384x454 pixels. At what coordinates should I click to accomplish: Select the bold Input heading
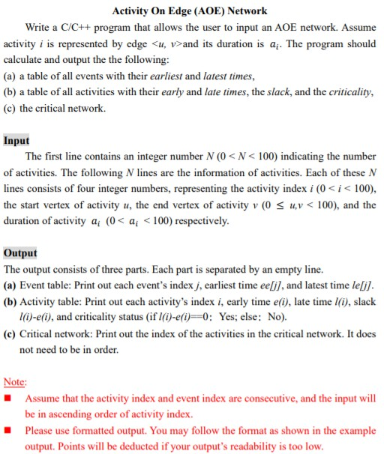pos(16,140)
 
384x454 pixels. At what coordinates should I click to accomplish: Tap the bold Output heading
pos(20,253)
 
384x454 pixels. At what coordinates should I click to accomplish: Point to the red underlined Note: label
pos(15,381)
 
